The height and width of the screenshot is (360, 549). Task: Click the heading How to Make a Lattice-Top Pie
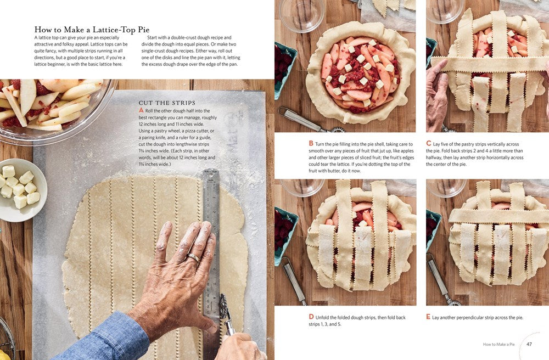coord(92,30)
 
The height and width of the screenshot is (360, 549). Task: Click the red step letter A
coord(141,110)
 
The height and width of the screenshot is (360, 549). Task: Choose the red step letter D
coord(311,317)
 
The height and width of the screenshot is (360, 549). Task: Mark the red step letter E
coord(428,317)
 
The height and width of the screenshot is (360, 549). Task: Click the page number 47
coord(529,345)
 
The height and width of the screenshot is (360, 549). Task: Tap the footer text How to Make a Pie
coord(501,345)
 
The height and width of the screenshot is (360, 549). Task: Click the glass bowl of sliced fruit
coord(52,104)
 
